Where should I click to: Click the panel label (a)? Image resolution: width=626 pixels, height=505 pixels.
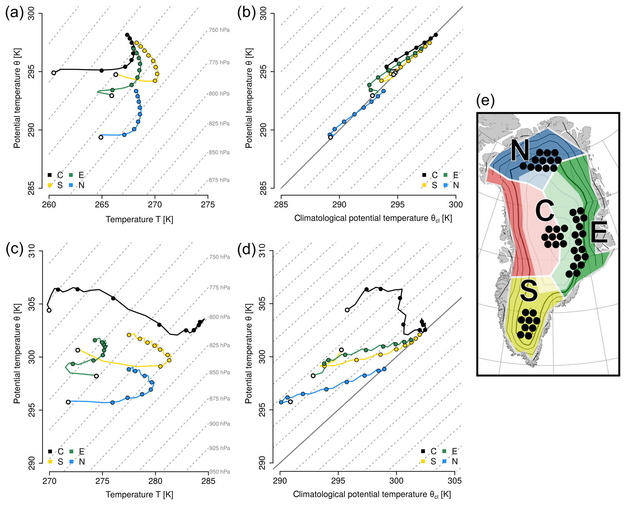(x=14, y=13)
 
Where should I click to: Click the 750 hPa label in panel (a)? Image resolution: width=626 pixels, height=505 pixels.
(x=219, y=30)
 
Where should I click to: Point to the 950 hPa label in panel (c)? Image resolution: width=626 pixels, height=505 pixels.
(x=219, y=472)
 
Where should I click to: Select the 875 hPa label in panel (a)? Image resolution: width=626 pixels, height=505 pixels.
(x=219, y=180)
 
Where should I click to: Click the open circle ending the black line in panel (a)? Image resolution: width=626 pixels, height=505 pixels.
(x=54, y=73)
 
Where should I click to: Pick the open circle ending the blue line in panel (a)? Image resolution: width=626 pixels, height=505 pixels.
(x=101, y=137)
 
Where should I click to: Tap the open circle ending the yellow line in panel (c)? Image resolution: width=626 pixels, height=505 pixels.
(x=78, y=350)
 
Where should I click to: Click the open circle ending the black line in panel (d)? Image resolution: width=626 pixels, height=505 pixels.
(x=347, y=310)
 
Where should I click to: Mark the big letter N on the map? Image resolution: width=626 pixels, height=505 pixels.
(x=520, y=150)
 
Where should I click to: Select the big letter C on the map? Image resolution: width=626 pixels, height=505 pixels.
(x=545, y=210)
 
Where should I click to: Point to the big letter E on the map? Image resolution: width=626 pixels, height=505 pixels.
(x=599, y=232)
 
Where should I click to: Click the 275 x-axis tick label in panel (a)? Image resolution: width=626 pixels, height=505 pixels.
(x=208, y=205)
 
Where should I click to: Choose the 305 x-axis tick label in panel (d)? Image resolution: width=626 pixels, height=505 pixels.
(x=454, y=480)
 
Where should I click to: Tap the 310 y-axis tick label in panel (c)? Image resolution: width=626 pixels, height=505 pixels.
(x=32, y=251)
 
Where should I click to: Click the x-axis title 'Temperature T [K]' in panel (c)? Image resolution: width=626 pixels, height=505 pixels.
(x=139, y=494)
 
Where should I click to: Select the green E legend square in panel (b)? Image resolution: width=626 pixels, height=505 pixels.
(x=446, y=175)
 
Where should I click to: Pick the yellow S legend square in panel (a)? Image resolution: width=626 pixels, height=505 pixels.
(x=50, y=185)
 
